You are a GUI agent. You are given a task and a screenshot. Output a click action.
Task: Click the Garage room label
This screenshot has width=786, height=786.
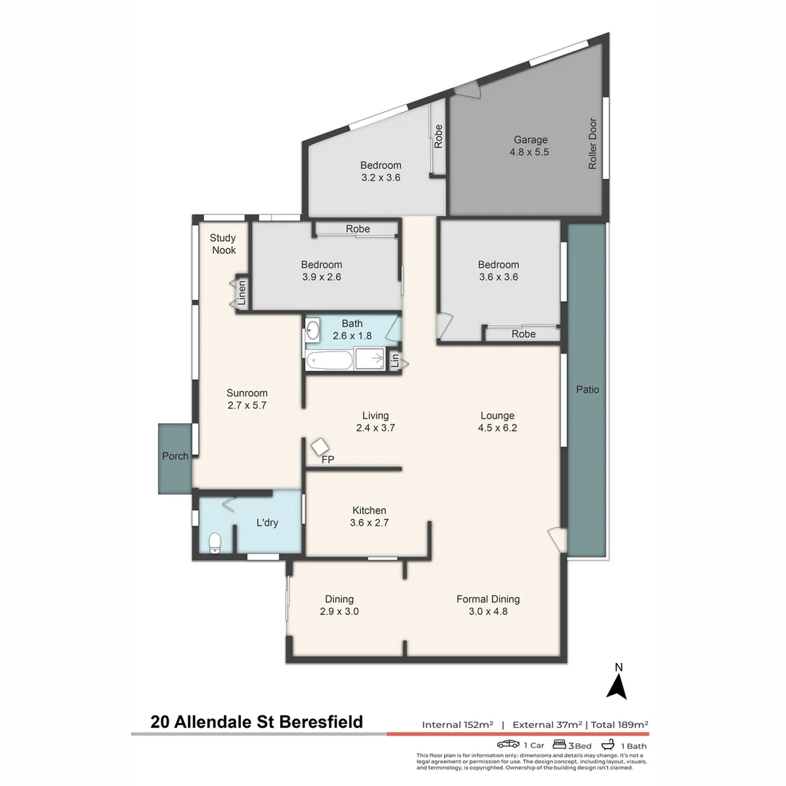[x=530, y=140]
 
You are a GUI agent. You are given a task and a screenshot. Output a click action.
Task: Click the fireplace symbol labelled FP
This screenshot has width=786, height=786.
[x=320, y=447]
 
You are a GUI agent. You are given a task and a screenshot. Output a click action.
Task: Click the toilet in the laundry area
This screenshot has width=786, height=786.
[x=215, y=544]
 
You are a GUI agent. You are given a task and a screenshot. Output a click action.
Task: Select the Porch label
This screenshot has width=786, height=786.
[x=175, y=456]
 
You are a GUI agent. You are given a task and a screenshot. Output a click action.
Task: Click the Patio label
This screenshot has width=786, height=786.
[x=587, y=389]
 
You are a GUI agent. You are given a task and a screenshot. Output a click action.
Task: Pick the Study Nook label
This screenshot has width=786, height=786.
[x=223, y=244]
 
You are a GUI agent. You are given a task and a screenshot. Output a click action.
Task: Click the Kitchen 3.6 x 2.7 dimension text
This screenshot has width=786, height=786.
[x=369, y=523]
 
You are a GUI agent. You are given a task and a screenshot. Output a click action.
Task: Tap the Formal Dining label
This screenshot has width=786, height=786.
[x=488, y=599]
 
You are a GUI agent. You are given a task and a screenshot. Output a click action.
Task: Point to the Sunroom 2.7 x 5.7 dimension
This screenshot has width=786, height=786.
[x=247, y=406]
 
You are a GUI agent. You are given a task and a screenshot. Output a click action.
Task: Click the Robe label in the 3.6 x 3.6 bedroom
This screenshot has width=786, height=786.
[x=523, y=334]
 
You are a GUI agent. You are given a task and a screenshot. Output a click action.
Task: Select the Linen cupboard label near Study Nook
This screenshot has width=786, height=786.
[x=242, y=293]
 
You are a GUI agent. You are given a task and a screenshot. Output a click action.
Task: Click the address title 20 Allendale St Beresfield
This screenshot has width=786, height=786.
[x=256, y=722]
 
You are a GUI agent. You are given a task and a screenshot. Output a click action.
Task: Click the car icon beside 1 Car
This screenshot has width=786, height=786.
[x=508, y=745]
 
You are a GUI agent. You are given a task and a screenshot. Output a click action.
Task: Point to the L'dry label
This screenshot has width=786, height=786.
[x=267, y=523]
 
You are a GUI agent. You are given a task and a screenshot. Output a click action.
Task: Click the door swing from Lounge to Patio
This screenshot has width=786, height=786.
[x=557, y=539]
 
